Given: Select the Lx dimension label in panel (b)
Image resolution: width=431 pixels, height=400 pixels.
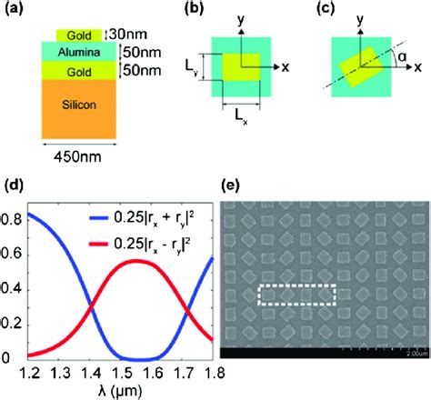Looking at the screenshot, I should (238, 121).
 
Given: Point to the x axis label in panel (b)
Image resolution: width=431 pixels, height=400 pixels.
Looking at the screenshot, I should (284, 67).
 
